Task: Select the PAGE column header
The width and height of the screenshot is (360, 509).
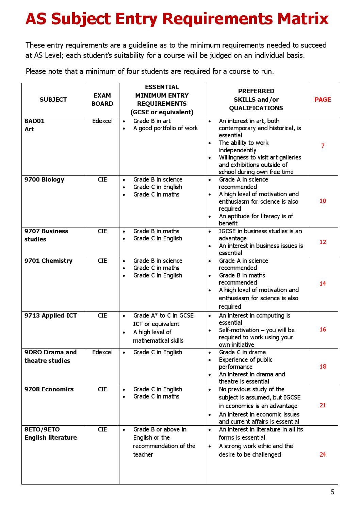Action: click(x=322, y=100)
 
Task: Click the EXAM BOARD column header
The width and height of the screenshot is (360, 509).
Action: click(x=102, y=100)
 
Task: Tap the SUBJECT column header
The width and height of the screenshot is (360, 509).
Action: click(x=53, y=100)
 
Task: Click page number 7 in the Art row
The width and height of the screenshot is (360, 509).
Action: click(x=323, y=146)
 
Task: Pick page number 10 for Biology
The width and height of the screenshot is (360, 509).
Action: click(x=323, y=201)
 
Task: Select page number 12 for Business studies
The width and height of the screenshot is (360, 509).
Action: click(x=323, y=242)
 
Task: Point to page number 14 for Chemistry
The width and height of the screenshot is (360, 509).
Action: click(x=323, y=284)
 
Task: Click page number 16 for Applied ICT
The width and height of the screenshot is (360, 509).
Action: click(x=323, y=329)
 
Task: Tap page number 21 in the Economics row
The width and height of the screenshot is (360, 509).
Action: click(x=323, y=405)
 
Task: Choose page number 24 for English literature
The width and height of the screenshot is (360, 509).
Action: click(x=323, y=455)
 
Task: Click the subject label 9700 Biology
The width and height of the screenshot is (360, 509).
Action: click(x=44, y=180)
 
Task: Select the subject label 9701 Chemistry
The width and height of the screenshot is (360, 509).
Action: click(x=48, y=261)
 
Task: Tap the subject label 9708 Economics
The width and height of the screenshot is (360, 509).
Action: click(x=49, y=389)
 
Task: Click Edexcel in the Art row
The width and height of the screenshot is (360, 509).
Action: click(x=102, y=121)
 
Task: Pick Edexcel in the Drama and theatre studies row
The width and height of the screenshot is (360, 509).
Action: click(x=102, y=352)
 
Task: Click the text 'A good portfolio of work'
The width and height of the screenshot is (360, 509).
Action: click(x=165, y=128)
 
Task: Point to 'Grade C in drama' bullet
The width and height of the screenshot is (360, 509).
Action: click(x=242, y=352)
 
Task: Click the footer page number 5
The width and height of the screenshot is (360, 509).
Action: click(x=332, y=492)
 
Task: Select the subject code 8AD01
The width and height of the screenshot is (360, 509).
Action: click(x=34, y=121)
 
